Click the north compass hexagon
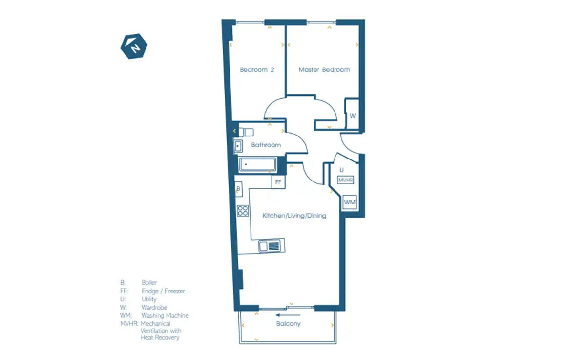point(134,46)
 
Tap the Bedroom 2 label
point(257,70)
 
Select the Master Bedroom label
point(324,70)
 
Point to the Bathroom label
point(266,145)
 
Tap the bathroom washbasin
point(238,146)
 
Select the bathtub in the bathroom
point(257,164)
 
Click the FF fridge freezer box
point(278,182)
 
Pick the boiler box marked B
point(239,189)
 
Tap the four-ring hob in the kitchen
point(243,211)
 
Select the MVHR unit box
point(346,180)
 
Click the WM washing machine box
point(350,202)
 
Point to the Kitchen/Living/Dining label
point(294,216)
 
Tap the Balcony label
point(288,324)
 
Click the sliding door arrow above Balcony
point(288,315)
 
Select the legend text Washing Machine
point(165,315)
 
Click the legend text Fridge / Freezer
point(163,291)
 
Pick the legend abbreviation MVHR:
point(129,324)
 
